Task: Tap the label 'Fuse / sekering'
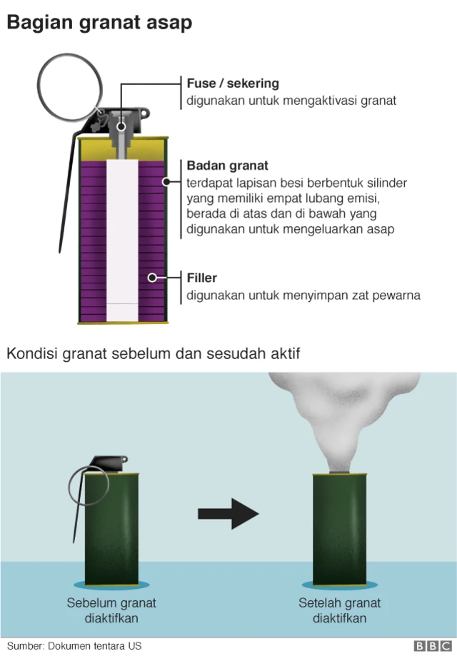[x=233, y=84]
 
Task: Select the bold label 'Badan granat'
[x=228, y=166]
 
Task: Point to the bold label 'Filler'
[x=202, y=277]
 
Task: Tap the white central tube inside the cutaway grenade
[x=121, y=236]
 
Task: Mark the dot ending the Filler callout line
[x=152, y=277]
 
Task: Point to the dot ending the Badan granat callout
[x=166, y=182]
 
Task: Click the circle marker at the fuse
[x=121, y=128]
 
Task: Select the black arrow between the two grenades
[x=227, y=513]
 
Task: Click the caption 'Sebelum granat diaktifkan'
[x=111, y=610]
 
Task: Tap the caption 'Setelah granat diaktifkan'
[x=340, y=610]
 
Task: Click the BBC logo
[x=429, y=646]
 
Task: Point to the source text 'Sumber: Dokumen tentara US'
[x=74, y=646]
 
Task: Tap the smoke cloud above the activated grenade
[x=343, y=414]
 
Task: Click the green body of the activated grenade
[x=340, y=528]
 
